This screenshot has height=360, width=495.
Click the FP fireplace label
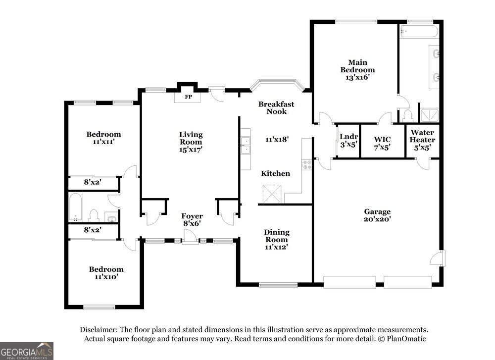pos(188,97)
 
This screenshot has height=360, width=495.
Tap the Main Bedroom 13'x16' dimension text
pos(357,77)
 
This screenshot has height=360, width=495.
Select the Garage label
pos(377,211)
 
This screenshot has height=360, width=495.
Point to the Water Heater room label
pos(422,136)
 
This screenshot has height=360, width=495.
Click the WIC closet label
pos(382,139)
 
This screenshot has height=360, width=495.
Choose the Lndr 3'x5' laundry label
pos(348,141)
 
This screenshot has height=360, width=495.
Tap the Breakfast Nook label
pos(276,107)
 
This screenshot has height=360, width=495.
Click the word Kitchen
pos(275,173)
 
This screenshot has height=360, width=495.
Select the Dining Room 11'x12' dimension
pos(276,247)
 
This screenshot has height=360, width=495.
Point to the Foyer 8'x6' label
pos(192,220)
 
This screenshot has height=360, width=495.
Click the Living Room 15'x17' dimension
pos(191,150)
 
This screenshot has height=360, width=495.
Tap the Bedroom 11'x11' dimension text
pos(103,142)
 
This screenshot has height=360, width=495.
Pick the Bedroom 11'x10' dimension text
pos(106,277)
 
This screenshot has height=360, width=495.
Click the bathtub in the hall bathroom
pos(75,207)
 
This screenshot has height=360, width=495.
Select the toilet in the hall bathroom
pos(94,215)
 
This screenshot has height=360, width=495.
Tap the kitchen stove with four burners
pos(307,165)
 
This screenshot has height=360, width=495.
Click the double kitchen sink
pos(246,145)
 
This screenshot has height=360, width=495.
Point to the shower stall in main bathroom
pos(429,115)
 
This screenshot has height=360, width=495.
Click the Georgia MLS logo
pos(27,351)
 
